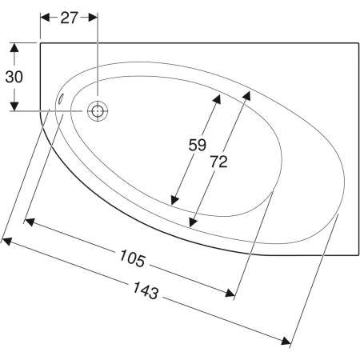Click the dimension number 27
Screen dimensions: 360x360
(x=69, y=18)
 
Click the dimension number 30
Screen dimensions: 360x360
(x=14, y=77)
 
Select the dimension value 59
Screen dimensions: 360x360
(x=198, y=145)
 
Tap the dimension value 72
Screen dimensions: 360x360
(x=218, y=162)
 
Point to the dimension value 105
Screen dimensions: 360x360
(x=132, y=258)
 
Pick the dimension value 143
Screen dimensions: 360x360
(x=146, y=290)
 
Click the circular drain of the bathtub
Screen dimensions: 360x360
(x=98, y=111)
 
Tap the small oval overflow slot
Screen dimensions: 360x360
(x=61, y=98)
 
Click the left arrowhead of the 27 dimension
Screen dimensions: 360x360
(x=45, y=18)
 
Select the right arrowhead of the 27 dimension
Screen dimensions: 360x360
(x=93, y=18)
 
